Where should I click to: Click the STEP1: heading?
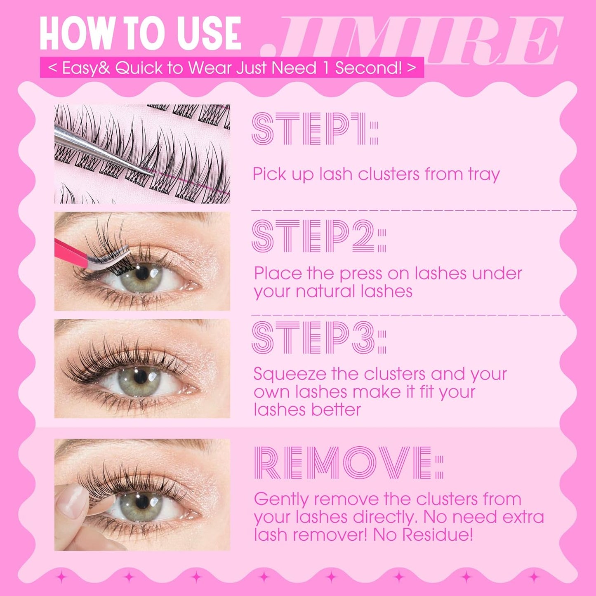tap(314, 129)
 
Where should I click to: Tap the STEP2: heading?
tap(318, 236)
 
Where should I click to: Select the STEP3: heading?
tap(318, 338)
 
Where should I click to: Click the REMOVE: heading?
tap(349, 463)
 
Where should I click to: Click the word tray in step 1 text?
tap(483, 174)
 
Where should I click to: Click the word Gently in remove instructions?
tap(281, 499)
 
